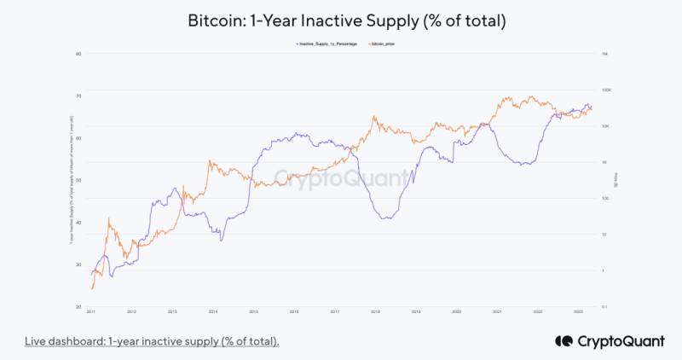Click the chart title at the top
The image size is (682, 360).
[x=341, y=20]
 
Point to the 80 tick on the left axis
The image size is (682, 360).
[x=78, y=54]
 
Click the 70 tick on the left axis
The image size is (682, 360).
[x=78, y=96]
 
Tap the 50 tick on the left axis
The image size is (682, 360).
[x=78, y=180]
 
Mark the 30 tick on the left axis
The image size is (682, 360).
[x=78, y=264]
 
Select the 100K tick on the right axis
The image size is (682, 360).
[x=606, y=90]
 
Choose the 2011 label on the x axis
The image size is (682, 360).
[x=91, y=313]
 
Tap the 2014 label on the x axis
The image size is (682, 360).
[x=213, y=313]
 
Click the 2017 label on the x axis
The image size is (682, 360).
[x=335, y=313]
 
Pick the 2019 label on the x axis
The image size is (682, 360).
[x=416, y=313]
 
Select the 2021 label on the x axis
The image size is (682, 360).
[x=497, y=313]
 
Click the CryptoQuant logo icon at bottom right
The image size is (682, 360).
[x=563, y=340]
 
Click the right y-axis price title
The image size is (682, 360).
[x=616, y=180]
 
